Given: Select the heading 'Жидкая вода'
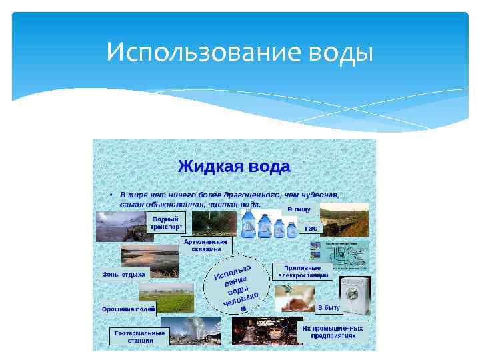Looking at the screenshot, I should click(233, 165).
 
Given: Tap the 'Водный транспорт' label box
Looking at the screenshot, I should click(166, 222).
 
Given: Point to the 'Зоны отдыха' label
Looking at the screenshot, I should click(123, 274).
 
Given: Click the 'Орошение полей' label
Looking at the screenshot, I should click(129, 309).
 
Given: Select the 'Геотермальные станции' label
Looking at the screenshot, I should click(139, 336).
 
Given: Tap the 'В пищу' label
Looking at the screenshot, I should click(299, 209).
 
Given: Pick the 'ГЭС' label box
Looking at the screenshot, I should click(311, 228).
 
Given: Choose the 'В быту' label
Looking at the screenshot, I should click(328, 308).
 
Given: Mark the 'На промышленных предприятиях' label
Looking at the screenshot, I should click(333, 331).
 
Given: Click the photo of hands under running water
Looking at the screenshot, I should click(293, 297).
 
